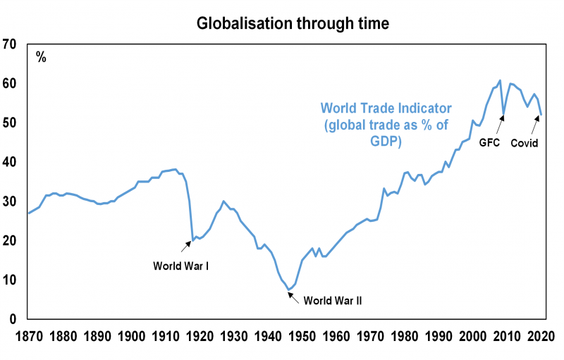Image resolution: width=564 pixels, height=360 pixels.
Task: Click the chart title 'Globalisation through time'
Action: [x=292, y=24]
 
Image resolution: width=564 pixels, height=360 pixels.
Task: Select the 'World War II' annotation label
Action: [x=332, y=300]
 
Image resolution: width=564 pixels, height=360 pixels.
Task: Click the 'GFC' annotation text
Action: [x=489, y=142]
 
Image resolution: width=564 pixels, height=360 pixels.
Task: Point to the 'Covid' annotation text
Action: [x=524, y=142]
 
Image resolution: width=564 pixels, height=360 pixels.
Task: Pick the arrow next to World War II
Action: [x=293, y=295]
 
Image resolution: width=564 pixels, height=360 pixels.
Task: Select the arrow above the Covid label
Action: [x=535, y=125]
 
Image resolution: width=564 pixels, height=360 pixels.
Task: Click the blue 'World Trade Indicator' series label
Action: [x=386, y=124]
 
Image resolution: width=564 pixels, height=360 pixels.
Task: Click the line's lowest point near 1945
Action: [x=288, y=289]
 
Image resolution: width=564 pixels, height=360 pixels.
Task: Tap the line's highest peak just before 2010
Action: [x=499, y=80]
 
